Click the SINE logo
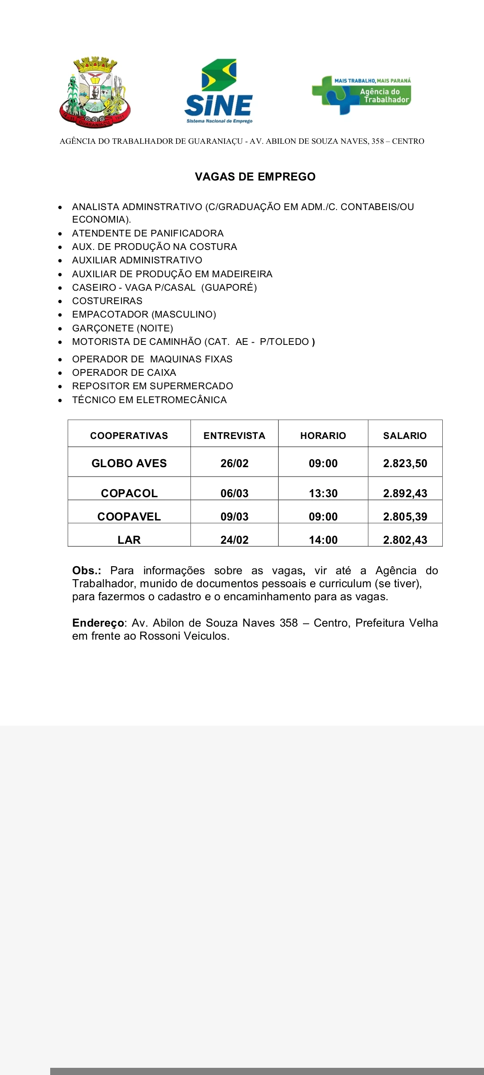pos(219,91)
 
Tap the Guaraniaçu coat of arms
pos(95,92)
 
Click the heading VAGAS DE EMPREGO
pos(255,176)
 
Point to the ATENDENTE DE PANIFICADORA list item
pos(147,233)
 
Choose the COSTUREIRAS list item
pos(107,301)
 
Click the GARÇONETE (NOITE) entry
pos(122,328)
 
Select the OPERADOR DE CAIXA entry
pos(124,373)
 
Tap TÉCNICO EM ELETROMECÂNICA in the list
pos(149,400)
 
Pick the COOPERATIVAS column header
pos(129,436)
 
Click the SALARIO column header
pos(405,436)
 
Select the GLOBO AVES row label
pos(129,464)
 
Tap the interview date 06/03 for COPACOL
pos(234,493)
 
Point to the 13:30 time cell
pos(323,493)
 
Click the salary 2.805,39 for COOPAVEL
pos(405,516)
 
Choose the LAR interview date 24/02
pos(234,540)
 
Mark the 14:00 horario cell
pos(323,540)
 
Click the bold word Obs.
pos(86,571)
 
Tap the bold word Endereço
pos(98,623)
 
